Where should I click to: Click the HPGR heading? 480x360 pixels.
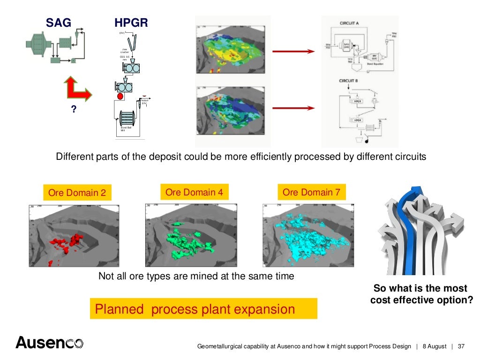[x=131, y=22]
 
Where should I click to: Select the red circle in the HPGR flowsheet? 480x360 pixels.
[x=120, y=97]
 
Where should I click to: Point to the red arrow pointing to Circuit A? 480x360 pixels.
[x=293, y=51]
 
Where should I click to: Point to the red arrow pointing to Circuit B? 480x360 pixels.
[x=293, y=108]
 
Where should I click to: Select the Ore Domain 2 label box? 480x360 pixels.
[x=77, y=193]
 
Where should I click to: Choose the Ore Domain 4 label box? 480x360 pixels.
[x=194, y=192]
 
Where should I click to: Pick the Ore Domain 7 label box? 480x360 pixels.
[x=311, y=192]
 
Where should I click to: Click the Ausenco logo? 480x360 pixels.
[x=49, y=343]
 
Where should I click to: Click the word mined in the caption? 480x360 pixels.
[x=207, y=276]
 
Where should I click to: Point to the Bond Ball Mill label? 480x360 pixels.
[x=126, y=129]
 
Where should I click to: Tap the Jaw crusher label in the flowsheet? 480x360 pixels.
[x=125, y=50]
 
